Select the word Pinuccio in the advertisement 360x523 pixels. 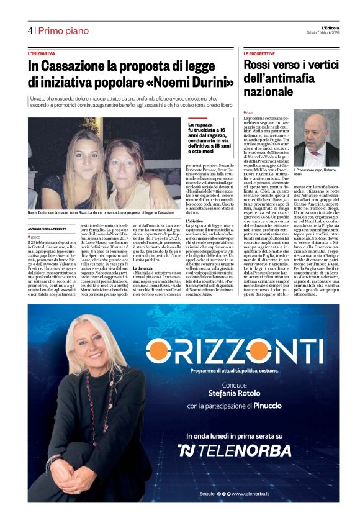pyautogui.click(x=271, y=405)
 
